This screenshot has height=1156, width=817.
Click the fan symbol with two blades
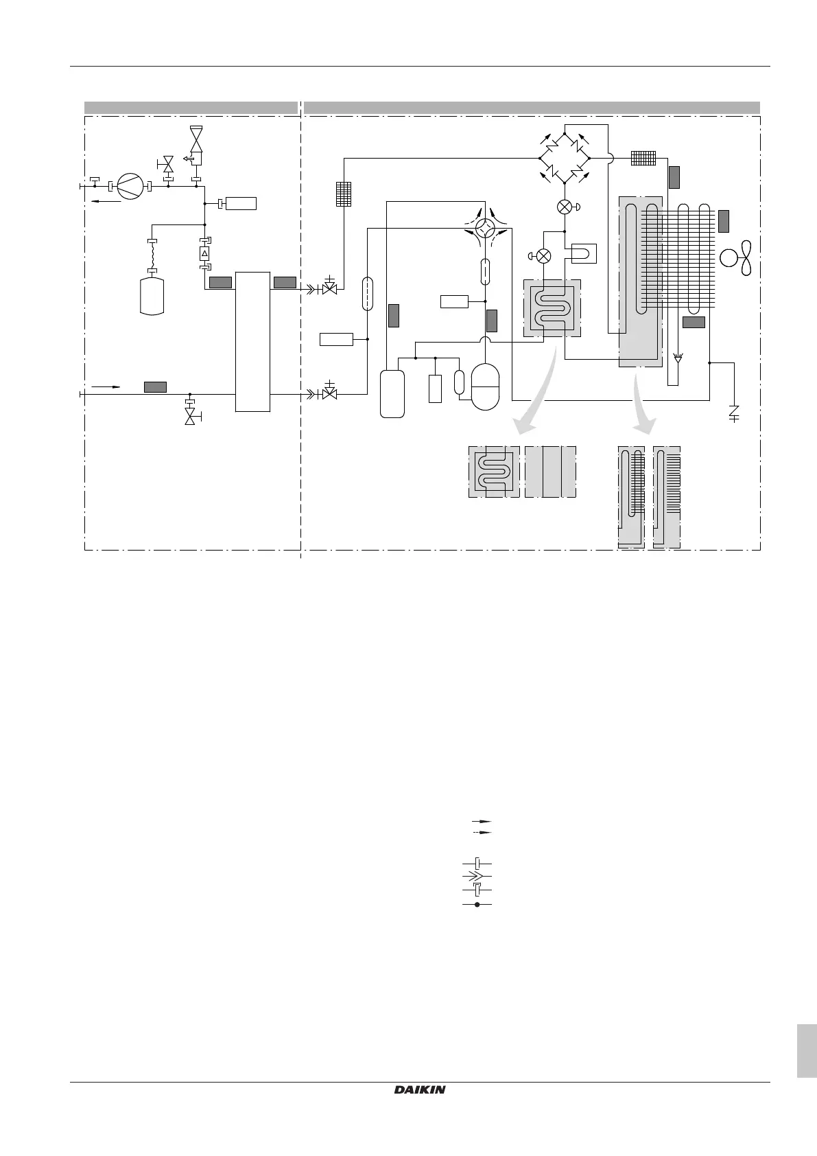click(737, 257)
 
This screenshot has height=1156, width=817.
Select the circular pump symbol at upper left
click(128, 186)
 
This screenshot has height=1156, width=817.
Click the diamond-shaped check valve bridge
click(564, 158)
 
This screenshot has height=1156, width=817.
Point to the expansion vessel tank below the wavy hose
click(152, 296)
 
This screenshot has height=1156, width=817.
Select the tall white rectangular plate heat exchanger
click(252, 341)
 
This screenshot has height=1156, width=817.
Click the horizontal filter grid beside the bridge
click(644, 158)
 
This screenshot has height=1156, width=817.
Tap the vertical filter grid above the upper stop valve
click(344, 194)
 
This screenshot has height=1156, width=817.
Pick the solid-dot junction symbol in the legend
click(477, 905)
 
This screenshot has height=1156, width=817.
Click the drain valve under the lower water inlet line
click(190, 414)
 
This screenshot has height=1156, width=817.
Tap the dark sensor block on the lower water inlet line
click(155, 387)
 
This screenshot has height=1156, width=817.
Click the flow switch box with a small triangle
click(204, 254)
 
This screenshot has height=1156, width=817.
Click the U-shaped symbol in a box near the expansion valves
click(580, 253)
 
